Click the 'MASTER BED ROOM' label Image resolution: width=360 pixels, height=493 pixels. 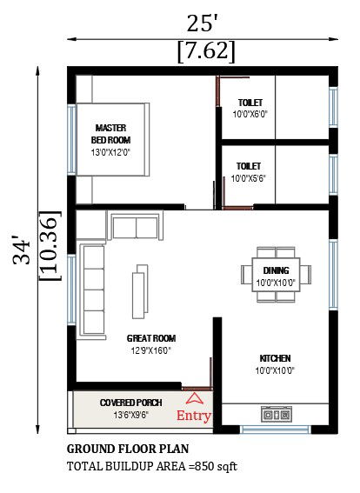[111, 133]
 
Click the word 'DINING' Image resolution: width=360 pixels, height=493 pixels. [276, 270]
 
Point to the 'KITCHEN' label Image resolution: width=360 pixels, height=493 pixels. [275, 358]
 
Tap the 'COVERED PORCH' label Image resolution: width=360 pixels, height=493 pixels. [130, 403]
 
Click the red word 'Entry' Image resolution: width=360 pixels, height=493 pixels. [194, 416]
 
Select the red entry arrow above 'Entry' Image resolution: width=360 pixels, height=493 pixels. [195, 399]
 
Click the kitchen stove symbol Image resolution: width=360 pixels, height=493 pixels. [277, 416]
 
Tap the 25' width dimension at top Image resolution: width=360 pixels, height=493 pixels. [205, 22]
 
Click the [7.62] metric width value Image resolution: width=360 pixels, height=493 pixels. [205, 51]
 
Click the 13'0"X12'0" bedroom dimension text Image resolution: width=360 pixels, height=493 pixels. [111, 153]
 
